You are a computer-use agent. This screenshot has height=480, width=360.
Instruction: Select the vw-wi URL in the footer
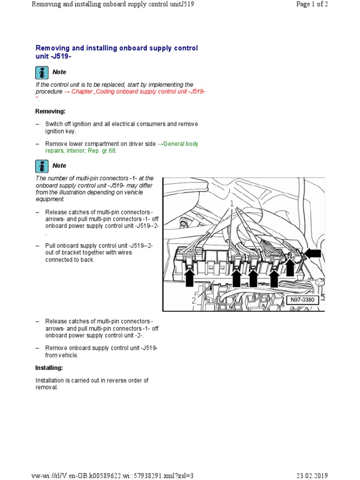tap(112, 475)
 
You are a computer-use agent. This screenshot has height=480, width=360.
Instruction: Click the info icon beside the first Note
tap(42, 72)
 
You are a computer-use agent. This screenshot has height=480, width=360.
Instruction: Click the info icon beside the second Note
tap(42, 166)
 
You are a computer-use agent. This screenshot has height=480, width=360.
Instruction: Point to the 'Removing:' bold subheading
tap(51, 112)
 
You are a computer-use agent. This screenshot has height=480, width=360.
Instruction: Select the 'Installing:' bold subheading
tap(49, 368)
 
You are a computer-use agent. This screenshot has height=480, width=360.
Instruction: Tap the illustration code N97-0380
tap(302, 300)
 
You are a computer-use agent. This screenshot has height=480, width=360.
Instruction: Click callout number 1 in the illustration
tap(231, 204)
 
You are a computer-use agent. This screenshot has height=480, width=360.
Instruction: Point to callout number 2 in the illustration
tap(194, 300)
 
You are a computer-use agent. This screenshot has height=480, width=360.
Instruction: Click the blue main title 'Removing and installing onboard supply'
tap(117, 48)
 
